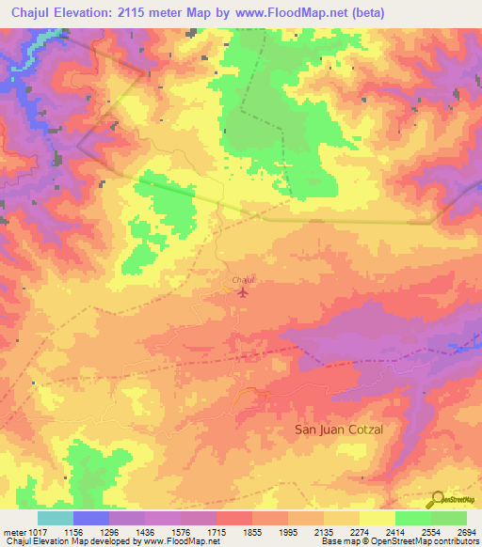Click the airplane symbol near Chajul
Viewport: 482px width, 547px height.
(243, 292)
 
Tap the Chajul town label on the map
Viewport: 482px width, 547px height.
(243, 280)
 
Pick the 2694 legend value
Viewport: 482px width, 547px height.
(467, 532)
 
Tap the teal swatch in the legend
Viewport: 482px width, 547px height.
(55, 518)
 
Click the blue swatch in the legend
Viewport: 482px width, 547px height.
(90, 518)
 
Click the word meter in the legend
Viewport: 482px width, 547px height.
(14, 532)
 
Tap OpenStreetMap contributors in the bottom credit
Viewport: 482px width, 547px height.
(439, 541)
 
